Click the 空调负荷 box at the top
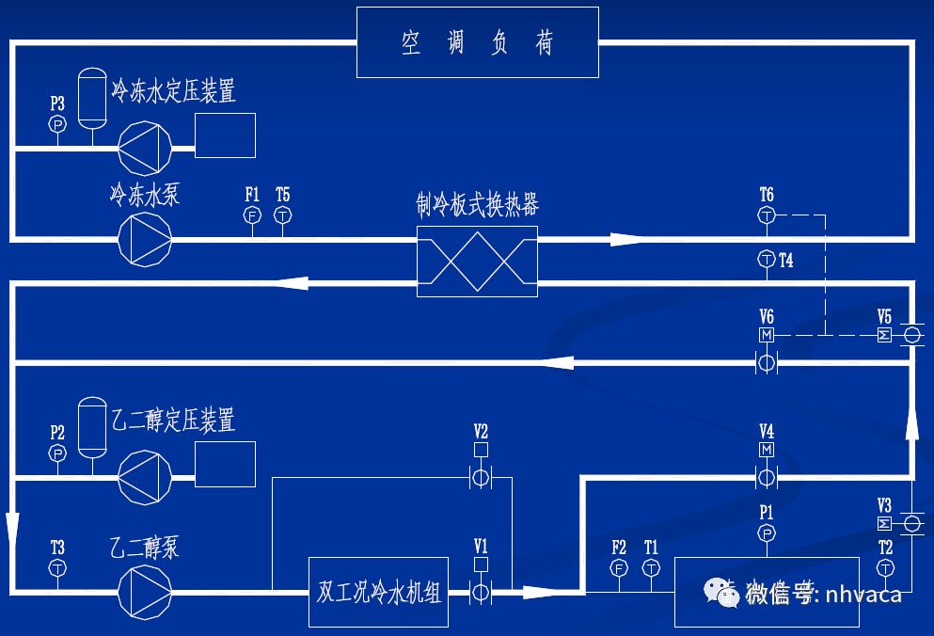(x=477, y=42)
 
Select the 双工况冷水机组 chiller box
(x=379, y=593)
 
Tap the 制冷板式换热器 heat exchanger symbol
(x=477, y=261)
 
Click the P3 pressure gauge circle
(x=57, y=124)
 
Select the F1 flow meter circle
(x=252, y=215)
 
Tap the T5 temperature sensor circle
(x=283, y=215)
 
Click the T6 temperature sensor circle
(x=767, y=215)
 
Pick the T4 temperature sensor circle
(x=767, y=260)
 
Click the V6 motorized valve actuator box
(x=767, y=335)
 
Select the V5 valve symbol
(x=911, y=335)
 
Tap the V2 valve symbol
(x=481, y=478)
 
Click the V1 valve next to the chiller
(x=481, y=593)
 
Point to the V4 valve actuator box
(x=767, y=450)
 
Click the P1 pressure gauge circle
(x=767, y=533)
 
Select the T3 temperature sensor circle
(x=57, y=568)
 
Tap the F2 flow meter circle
(x=619, y=568)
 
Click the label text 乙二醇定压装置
(x=173, y=420)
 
